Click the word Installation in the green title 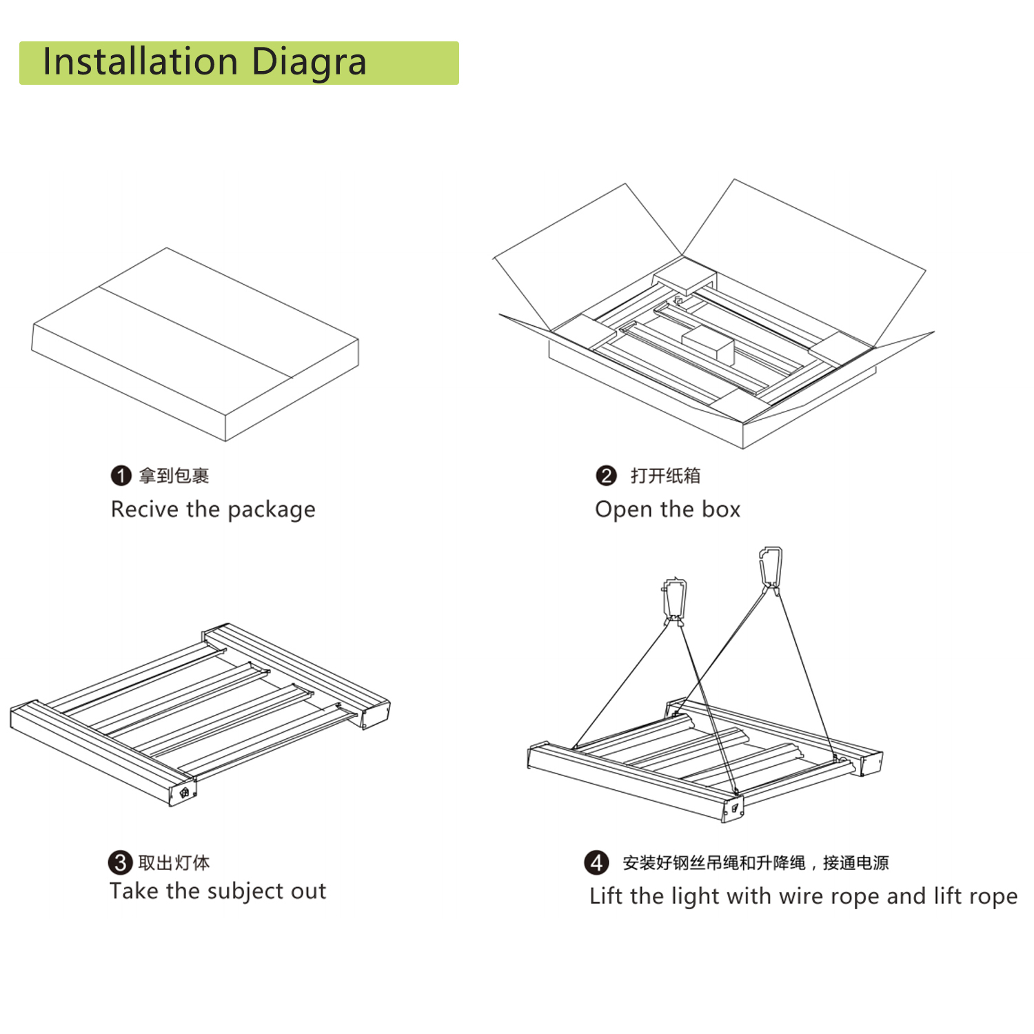pyautogui.click(x=140, y=61)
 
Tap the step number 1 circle pyautogui.click(x=121, y=476)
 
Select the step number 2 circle pyautogui.click(x=606, y=476)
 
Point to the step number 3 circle pyautogui.click(x=120, y=862)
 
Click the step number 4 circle pyautogui.click(x=597, y=862)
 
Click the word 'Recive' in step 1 pyautogui.click(x=145, y=509)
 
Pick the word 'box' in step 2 pyautogui.click(x=721, y=509)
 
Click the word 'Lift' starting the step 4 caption pyautogui.click(x=606, y=895)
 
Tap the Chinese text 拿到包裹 pyautogui.click(x=174, y=476)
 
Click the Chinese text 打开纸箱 pyautogui.click(x=665, y=476)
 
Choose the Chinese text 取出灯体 pyautogui.click(x=174, y=862)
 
